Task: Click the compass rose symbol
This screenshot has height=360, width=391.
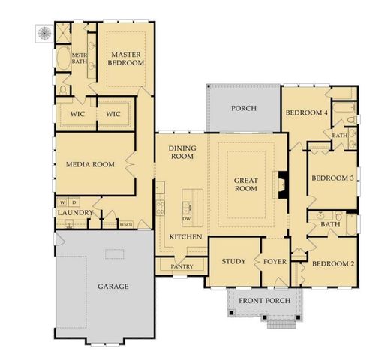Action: coord(42,32)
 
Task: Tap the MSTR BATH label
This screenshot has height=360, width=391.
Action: coord(80,58)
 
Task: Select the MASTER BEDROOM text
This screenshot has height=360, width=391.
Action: coord(127,58)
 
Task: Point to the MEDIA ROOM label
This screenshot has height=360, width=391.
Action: coord(90,164)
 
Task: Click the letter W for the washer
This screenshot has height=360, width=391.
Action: coord(63,202)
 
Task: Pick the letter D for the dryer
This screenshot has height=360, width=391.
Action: coord(74,202)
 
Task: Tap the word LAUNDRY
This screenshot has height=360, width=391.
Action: coord(74,214)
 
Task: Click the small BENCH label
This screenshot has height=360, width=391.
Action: coord(127,224)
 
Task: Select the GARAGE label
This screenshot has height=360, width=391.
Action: coord(113,286)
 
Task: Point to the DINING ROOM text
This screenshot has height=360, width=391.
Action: coord(182,152)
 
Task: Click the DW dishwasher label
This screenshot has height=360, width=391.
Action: coord(187,219)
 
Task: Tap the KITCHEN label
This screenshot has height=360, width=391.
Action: coord(185,237)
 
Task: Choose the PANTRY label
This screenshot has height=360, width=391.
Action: coord(182,266)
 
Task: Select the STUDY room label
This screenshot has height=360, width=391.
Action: coord(234,261)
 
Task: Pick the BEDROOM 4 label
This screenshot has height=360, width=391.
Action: coord(306,113)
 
